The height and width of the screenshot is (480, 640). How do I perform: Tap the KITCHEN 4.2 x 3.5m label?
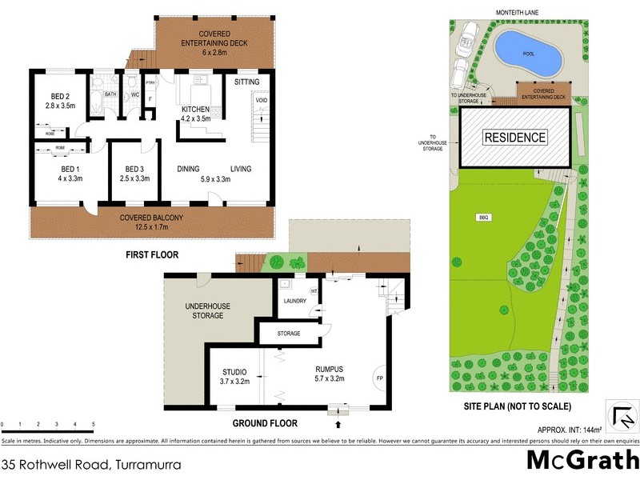[x=195, y=114]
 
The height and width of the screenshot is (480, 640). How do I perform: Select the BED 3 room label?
[x=133, y=174]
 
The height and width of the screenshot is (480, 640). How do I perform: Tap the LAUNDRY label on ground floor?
[x=294, y=301]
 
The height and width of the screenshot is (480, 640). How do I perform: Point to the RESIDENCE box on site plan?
[x=515, y=138]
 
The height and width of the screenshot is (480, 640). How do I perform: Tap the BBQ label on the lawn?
[x=482, y=217]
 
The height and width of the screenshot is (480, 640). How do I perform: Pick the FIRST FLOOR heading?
[x=151, y=255]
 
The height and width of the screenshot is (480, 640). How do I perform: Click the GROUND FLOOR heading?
[x=265, y=423]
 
